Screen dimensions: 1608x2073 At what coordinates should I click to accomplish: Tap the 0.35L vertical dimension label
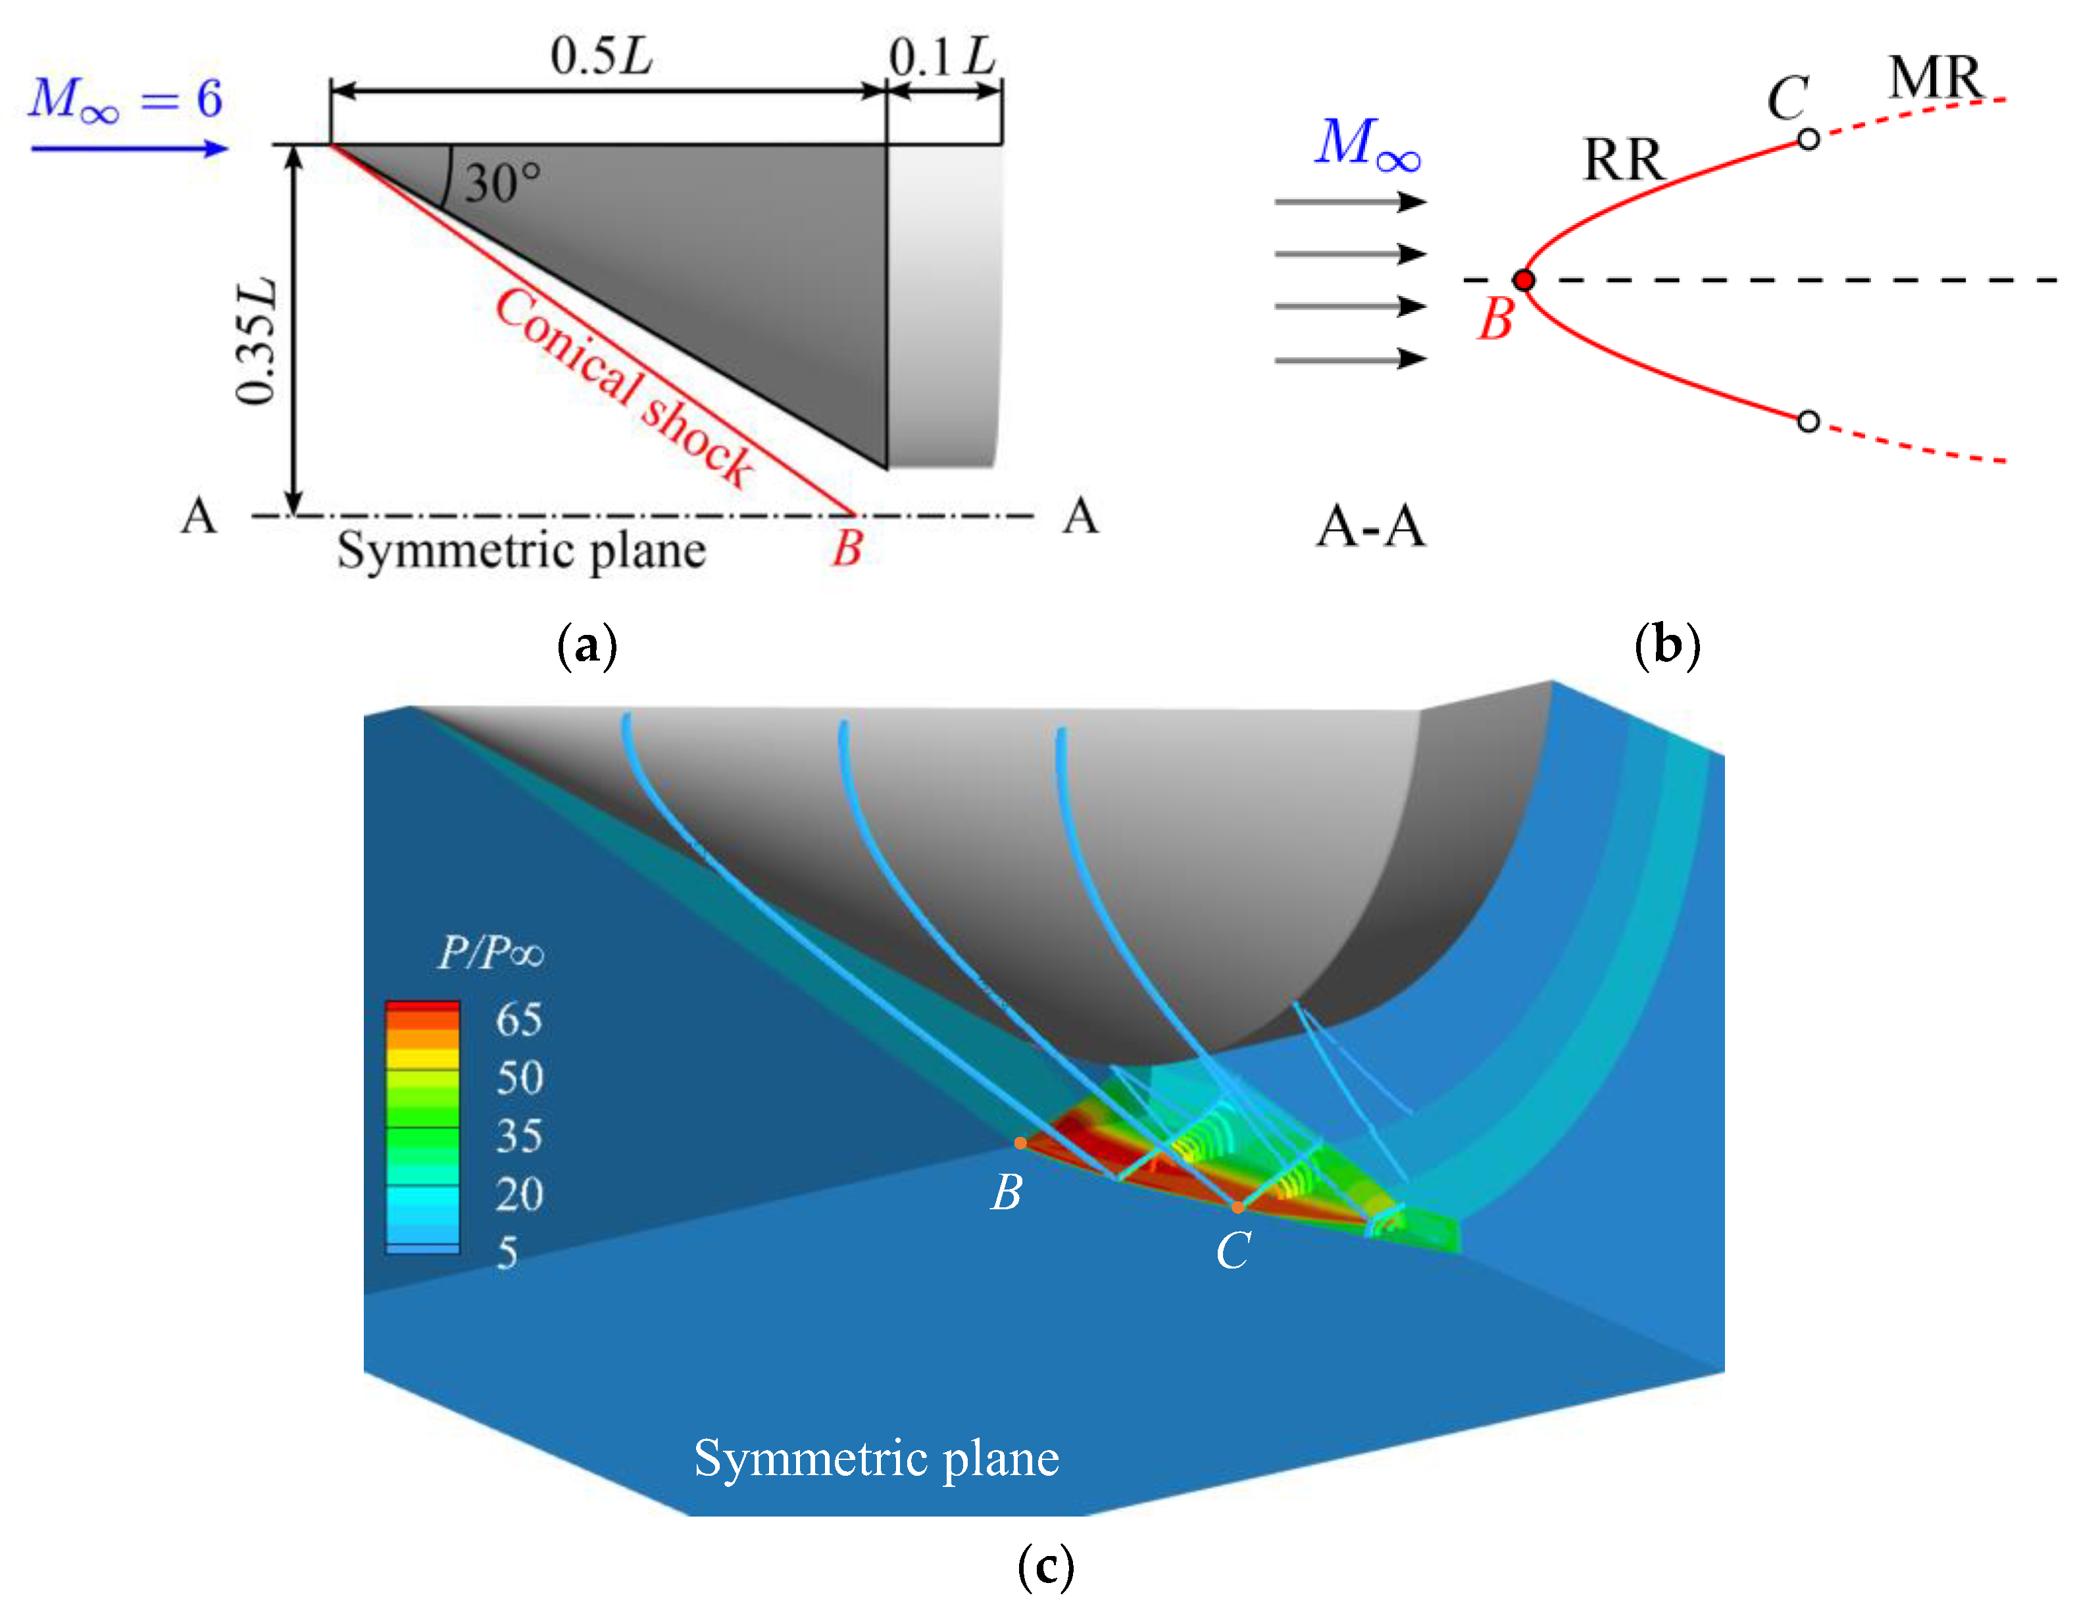tap(257, 341)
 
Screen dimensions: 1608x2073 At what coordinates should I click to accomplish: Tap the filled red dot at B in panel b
tap(1524, 280)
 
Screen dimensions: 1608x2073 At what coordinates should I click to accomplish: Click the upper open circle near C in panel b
tap(1808, 139)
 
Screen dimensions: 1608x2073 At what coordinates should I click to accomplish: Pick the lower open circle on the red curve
tap(1808, 420)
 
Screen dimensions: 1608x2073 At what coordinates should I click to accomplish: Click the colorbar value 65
tap(518, 1020)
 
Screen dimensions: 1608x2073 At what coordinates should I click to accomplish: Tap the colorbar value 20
tap(518, 1194)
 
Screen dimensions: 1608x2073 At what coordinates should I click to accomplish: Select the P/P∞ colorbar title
tap(491, 952)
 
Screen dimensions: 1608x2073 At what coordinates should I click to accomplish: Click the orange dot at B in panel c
tap(1020, 1143)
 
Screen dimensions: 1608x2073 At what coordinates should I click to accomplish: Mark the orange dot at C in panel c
tap(1237, 1207)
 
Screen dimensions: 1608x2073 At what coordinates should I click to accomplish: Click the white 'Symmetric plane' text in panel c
tap(876, 1459)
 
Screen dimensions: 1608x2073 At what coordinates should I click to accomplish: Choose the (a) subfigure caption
tap(587, 645)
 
